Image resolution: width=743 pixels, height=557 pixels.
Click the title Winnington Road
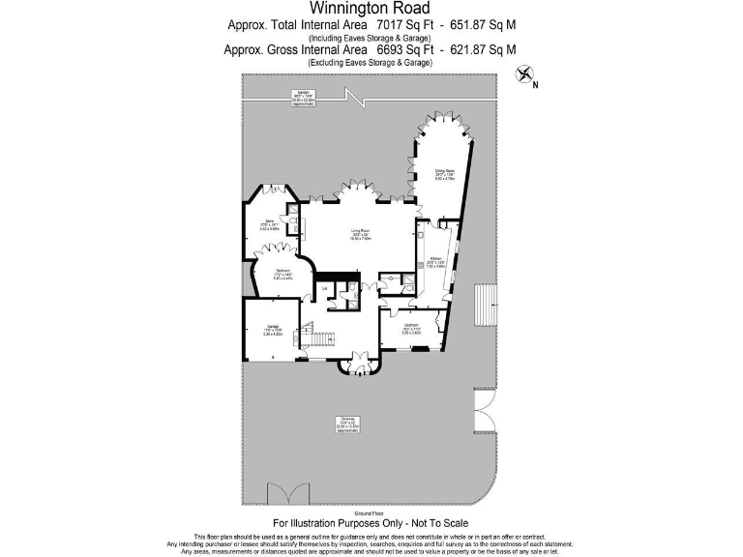point(371,8)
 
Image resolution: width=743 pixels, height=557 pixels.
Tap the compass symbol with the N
point(525,73)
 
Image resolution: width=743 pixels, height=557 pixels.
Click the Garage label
point(273,332)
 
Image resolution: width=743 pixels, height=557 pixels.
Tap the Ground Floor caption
point(371,513)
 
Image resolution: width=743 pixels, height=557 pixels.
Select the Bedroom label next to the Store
point(283,274)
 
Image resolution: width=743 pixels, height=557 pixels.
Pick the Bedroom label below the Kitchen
point(410,328)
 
